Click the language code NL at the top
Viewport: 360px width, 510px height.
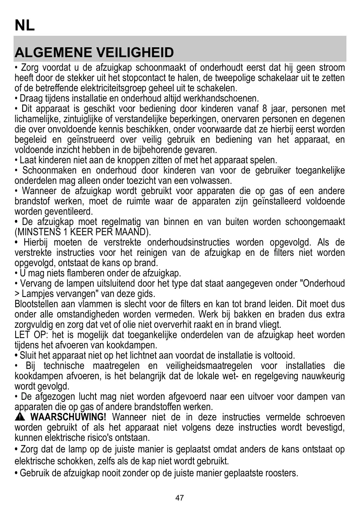pyautogui.click(x=25, y=25)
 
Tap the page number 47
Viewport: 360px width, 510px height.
pyautogui.click(x=180, y=498)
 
